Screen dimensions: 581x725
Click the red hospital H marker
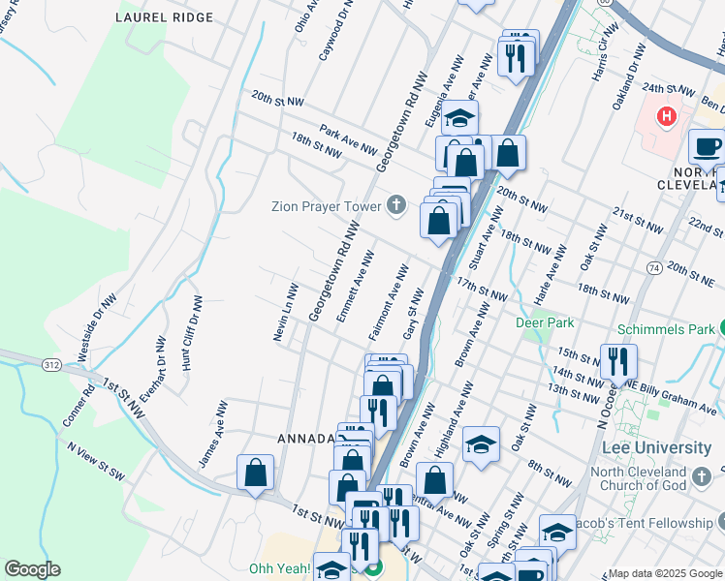tap(666, 118)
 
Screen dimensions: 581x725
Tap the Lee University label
tap(656, 447)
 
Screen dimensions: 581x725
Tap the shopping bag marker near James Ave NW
tap(256, 473)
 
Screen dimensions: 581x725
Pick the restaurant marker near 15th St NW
tap(618, 361)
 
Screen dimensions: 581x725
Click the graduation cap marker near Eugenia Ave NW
tap(460, 118)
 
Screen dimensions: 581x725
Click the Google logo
tap(32, 569)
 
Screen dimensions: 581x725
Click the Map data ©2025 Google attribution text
tap(665, 573)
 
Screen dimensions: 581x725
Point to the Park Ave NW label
tap(348, 140)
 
